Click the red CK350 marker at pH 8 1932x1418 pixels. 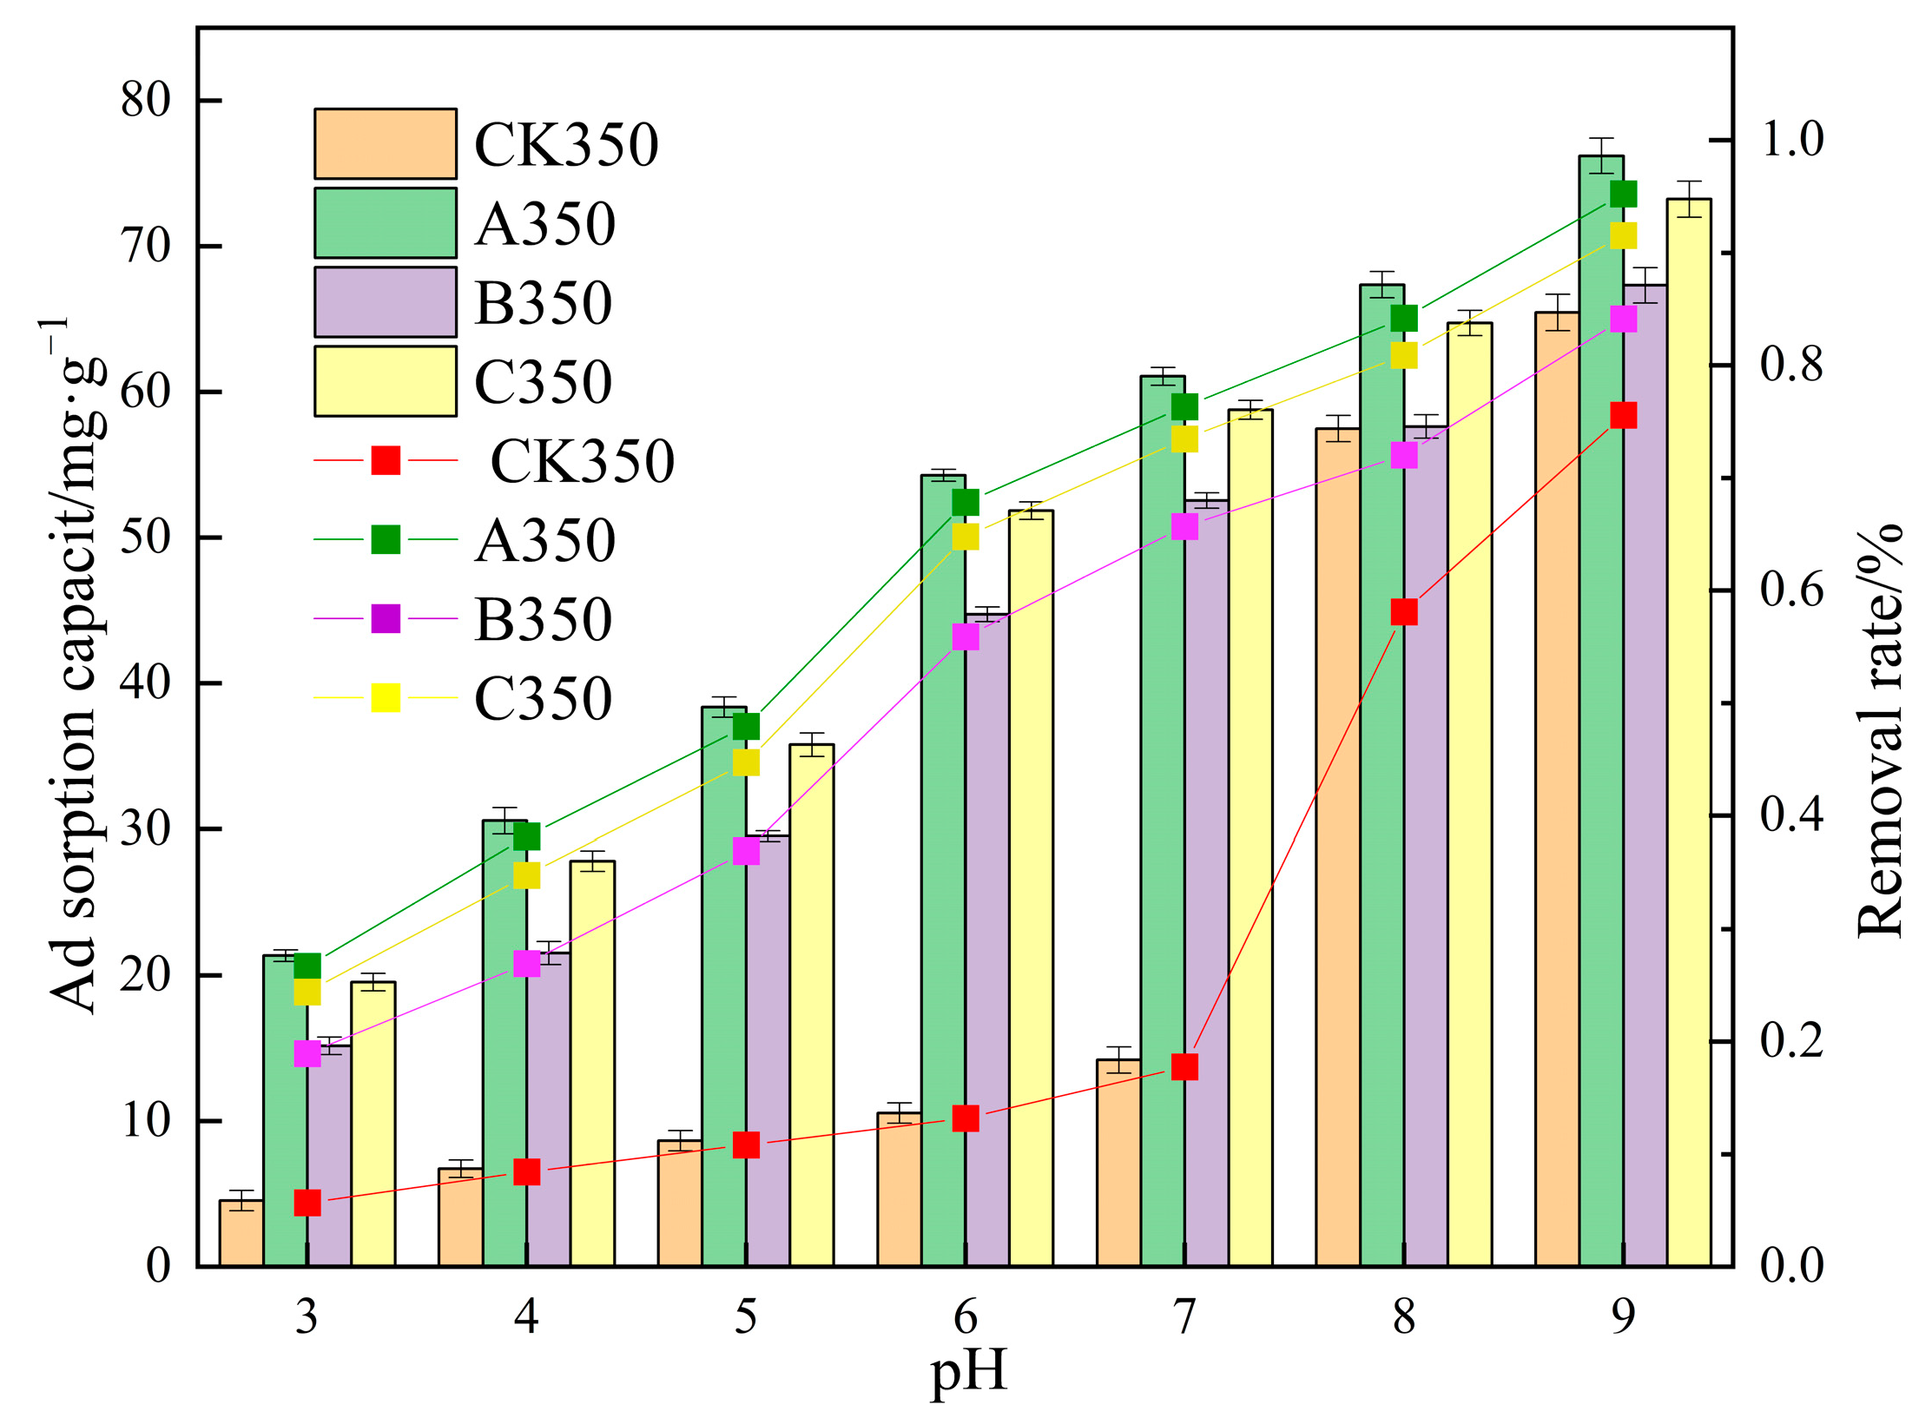tap(1404, 611)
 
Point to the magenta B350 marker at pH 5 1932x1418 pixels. tap(746, 851)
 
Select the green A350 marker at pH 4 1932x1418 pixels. tap(527, 836)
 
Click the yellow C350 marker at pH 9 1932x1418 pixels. tap(1623, 235)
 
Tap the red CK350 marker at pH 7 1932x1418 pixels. tap(1184, 1066)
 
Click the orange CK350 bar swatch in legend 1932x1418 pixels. tap(385, 143)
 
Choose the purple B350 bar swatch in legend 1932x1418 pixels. tap(385, 301)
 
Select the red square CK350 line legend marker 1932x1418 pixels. tap(386, 460)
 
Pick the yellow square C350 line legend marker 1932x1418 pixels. tap(386, 697)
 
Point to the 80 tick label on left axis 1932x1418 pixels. tap(145, 101)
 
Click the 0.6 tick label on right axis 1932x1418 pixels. tap(1791, 590)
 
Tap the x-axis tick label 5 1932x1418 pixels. tap(746, 1317)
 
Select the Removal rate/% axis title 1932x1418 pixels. tap(1880, 729)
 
